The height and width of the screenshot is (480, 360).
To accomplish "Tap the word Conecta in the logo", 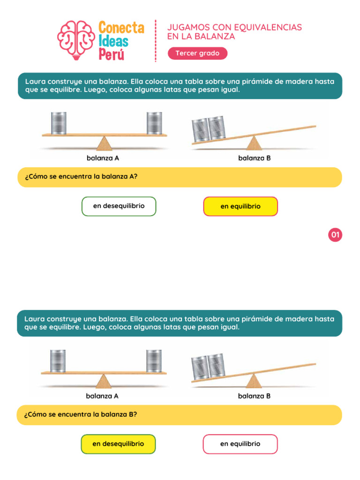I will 121,28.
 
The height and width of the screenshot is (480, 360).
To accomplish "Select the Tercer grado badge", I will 197,53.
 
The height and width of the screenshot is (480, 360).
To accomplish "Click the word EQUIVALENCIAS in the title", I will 269,27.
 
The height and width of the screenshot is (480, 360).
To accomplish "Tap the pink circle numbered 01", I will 335,234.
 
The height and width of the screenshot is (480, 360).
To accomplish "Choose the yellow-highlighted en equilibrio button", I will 240,206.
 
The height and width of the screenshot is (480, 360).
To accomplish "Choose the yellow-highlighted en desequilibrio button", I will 118,444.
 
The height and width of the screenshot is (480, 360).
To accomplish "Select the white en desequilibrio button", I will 119,206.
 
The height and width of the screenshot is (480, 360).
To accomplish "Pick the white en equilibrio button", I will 240,444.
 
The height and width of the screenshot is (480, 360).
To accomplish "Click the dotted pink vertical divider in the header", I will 156,41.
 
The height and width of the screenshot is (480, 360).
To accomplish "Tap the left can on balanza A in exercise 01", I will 58,123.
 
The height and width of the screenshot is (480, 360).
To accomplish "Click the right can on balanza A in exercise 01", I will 154,123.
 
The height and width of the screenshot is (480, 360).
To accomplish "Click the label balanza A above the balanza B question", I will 102,396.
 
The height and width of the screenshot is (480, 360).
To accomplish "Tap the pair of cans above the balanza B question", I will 208,367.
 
